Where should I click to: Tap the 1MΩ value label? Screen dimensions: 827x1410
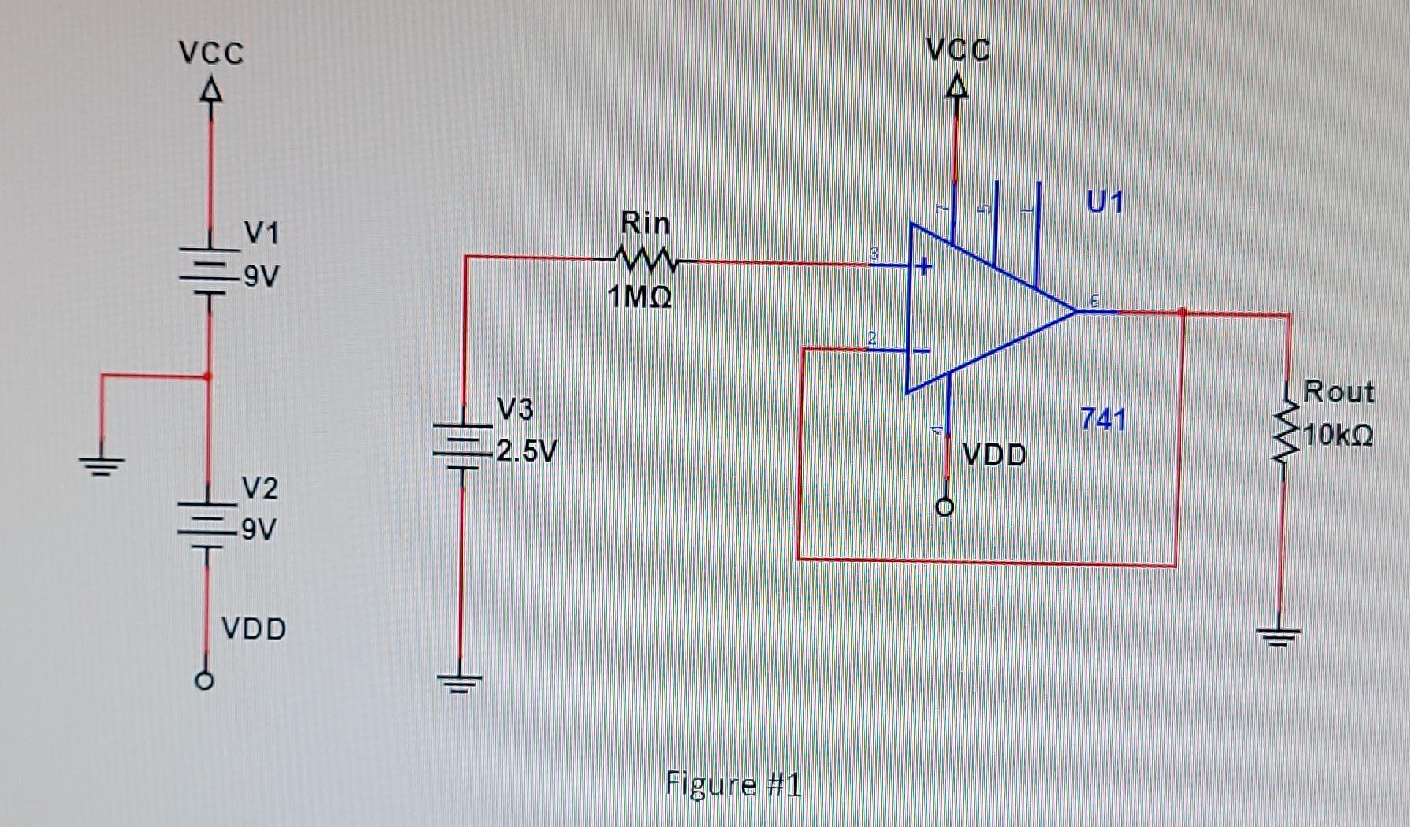point(639,298)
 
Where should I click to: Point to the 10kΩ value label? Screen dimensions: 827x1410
point(1338,435)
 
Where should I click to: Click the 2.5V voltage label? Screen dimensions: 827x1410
point(526,451)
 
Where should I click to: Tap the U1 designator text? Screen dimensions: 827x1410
point(1104,202)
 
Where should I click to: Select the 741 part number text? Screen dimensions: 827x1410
point(1103,419)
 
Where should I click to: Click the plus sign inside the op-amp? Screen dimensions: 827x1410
point(923,267)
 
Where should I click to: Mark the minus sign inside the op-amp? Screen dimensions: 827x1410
point(921,350)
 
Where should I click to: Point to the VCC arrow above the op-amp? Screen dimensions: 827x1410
point(956,84)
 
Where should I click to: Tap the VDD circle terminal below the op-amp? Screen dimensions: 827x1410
point(945,506)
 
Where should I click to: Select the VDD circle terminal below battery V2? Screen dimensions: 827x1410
point(204,680)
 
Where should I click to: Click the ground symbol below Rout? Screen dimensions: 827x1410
point(1278,635)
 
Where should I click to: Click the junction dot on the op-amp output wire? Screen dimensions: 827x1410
point(1181,313)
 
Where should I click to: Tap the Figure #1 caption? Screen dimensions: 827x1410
point(732,784)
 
